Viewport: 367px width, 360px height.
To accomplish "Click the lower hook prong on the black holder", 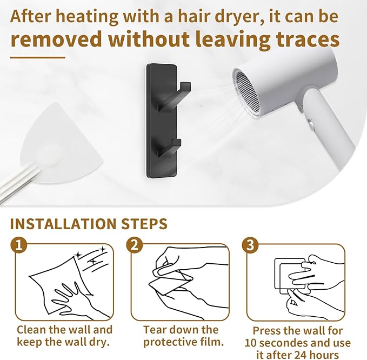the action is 170,149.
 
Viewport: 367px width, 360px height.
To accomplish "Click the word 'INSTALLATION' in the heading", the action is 63,224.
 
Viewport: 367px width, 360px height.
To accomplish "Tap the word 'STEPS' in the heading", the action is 144,224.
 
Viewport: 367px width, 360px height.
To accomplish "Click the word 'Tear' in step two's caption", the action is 154,330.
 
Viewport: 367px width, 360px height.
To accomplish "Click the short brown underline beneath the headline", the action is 37,57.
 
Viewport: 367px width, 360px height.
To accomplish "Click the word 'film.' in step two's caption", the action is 211,342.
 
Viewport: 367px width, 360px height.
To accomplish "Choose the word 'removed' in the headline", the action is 56,39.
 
